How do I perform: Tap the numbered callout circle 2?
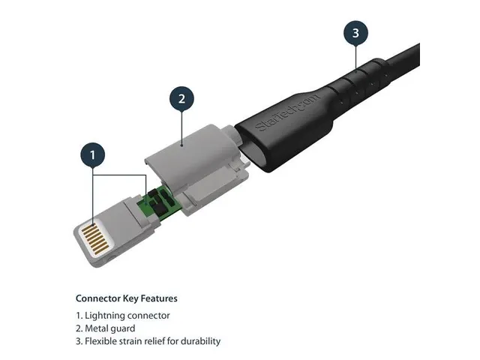click(181, 98)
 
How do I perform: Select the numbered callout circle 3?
click(355, 33)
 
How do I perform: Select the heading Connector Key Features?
click(126, 298)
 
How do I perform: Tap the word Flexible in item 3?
click(101, 341)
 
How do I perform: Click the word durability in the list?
click(199, 341)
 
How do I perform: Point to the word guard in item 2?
click(124, 328)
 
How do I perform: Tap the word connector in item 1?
click(150, 316)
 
